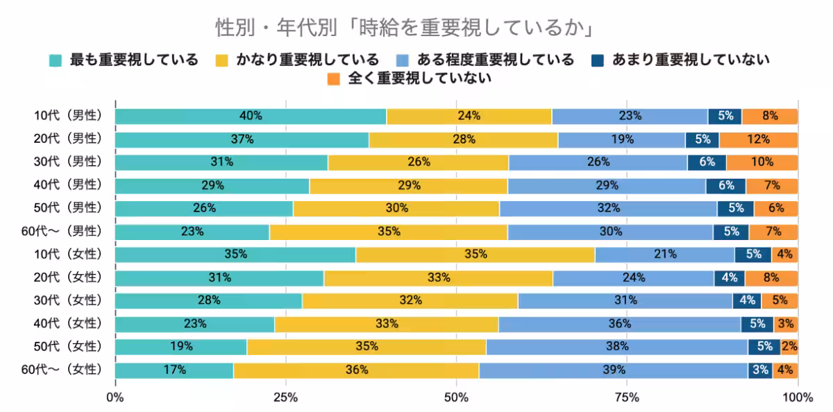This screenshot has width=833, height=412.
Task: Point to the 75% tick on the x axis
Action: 627,397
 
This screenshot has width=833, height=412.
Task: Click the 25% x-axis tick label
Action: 285,397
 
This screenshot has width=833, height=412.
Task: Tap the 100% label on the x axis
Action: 797,397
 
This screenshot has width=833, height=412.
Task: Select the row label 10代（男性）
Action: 68,116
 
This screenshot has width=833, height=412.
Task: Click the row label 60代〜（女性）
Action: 62,370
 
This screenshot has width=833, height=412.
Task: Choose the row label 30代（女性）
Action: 68,300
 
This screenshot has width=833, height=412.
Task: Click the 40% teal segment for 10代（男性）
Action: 251,116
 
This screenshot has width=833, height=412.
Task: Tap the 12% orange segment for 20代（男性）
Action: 758,139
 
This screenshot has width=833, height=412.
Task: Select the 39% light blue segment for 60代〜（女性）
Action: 613,370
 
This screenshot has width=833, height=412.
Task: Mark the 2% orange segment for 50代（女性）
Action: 789,346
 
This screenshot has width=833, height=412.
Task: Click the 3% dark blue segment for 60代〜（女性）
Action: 759,370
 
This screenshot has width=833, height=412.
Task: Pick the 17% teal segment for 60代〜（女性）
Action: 174,370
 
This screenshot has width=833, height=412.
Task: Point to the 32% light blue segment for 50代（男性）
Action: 608,208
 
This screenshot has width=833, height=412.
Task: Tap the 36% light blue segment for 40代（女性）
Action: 619,323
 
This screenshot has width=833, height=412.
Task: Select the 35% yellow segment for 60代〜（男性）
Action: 388,231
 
